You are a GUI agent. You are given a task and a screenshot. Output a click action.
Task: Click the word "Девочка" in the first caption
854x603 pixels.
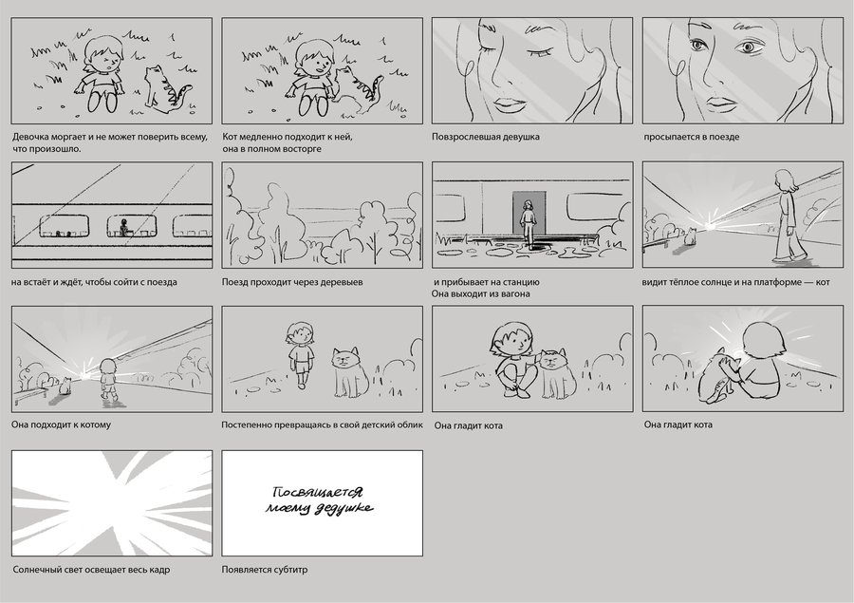(31, 137)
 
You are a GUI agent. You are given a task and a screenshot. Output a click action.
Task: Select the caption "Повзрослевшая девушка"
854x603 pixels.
(485, 137)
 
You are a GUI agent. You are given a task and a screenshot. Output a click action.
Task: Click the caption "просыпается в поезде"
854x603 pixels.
(691, 137)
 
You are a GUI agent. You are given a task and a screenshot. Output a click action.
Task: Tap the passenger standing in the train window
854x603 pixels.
(124, 226)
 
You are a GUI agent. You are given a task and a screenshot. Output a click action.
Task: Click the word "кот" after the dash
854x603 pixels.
(823, 282)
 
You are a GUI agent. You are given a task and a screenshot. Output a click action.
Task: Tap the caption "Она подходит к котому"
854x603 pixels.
(61, 424)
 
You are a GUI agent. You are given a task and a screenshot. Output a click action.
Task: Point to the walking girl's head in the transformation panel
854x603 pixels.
(300, 332)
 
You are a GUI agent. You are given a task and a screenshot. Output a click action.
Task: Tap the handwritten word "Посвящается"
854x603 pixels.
(317, 492)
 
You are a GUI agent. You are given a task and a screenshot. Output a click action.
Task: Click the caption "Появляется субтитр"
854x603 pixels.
(265, 571)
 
